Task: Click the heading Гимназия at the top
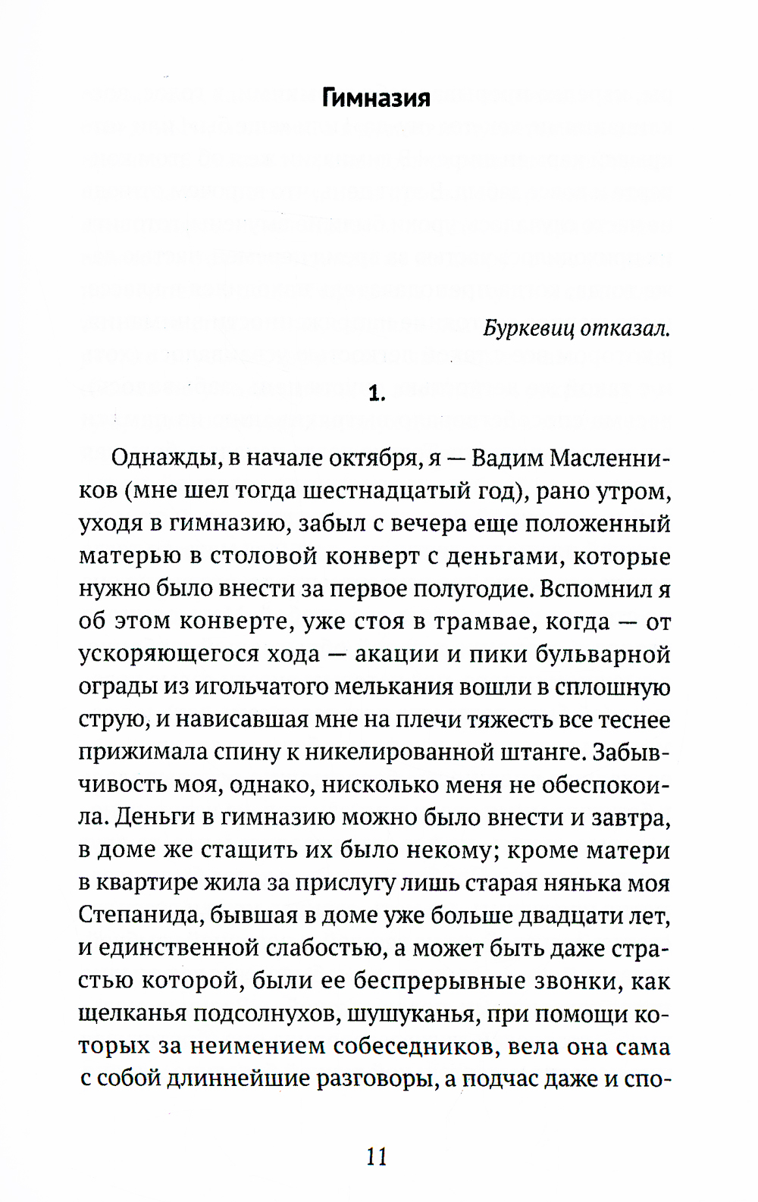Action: tap(376, 99)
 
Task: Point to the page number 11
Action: tap(377, 1157)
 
